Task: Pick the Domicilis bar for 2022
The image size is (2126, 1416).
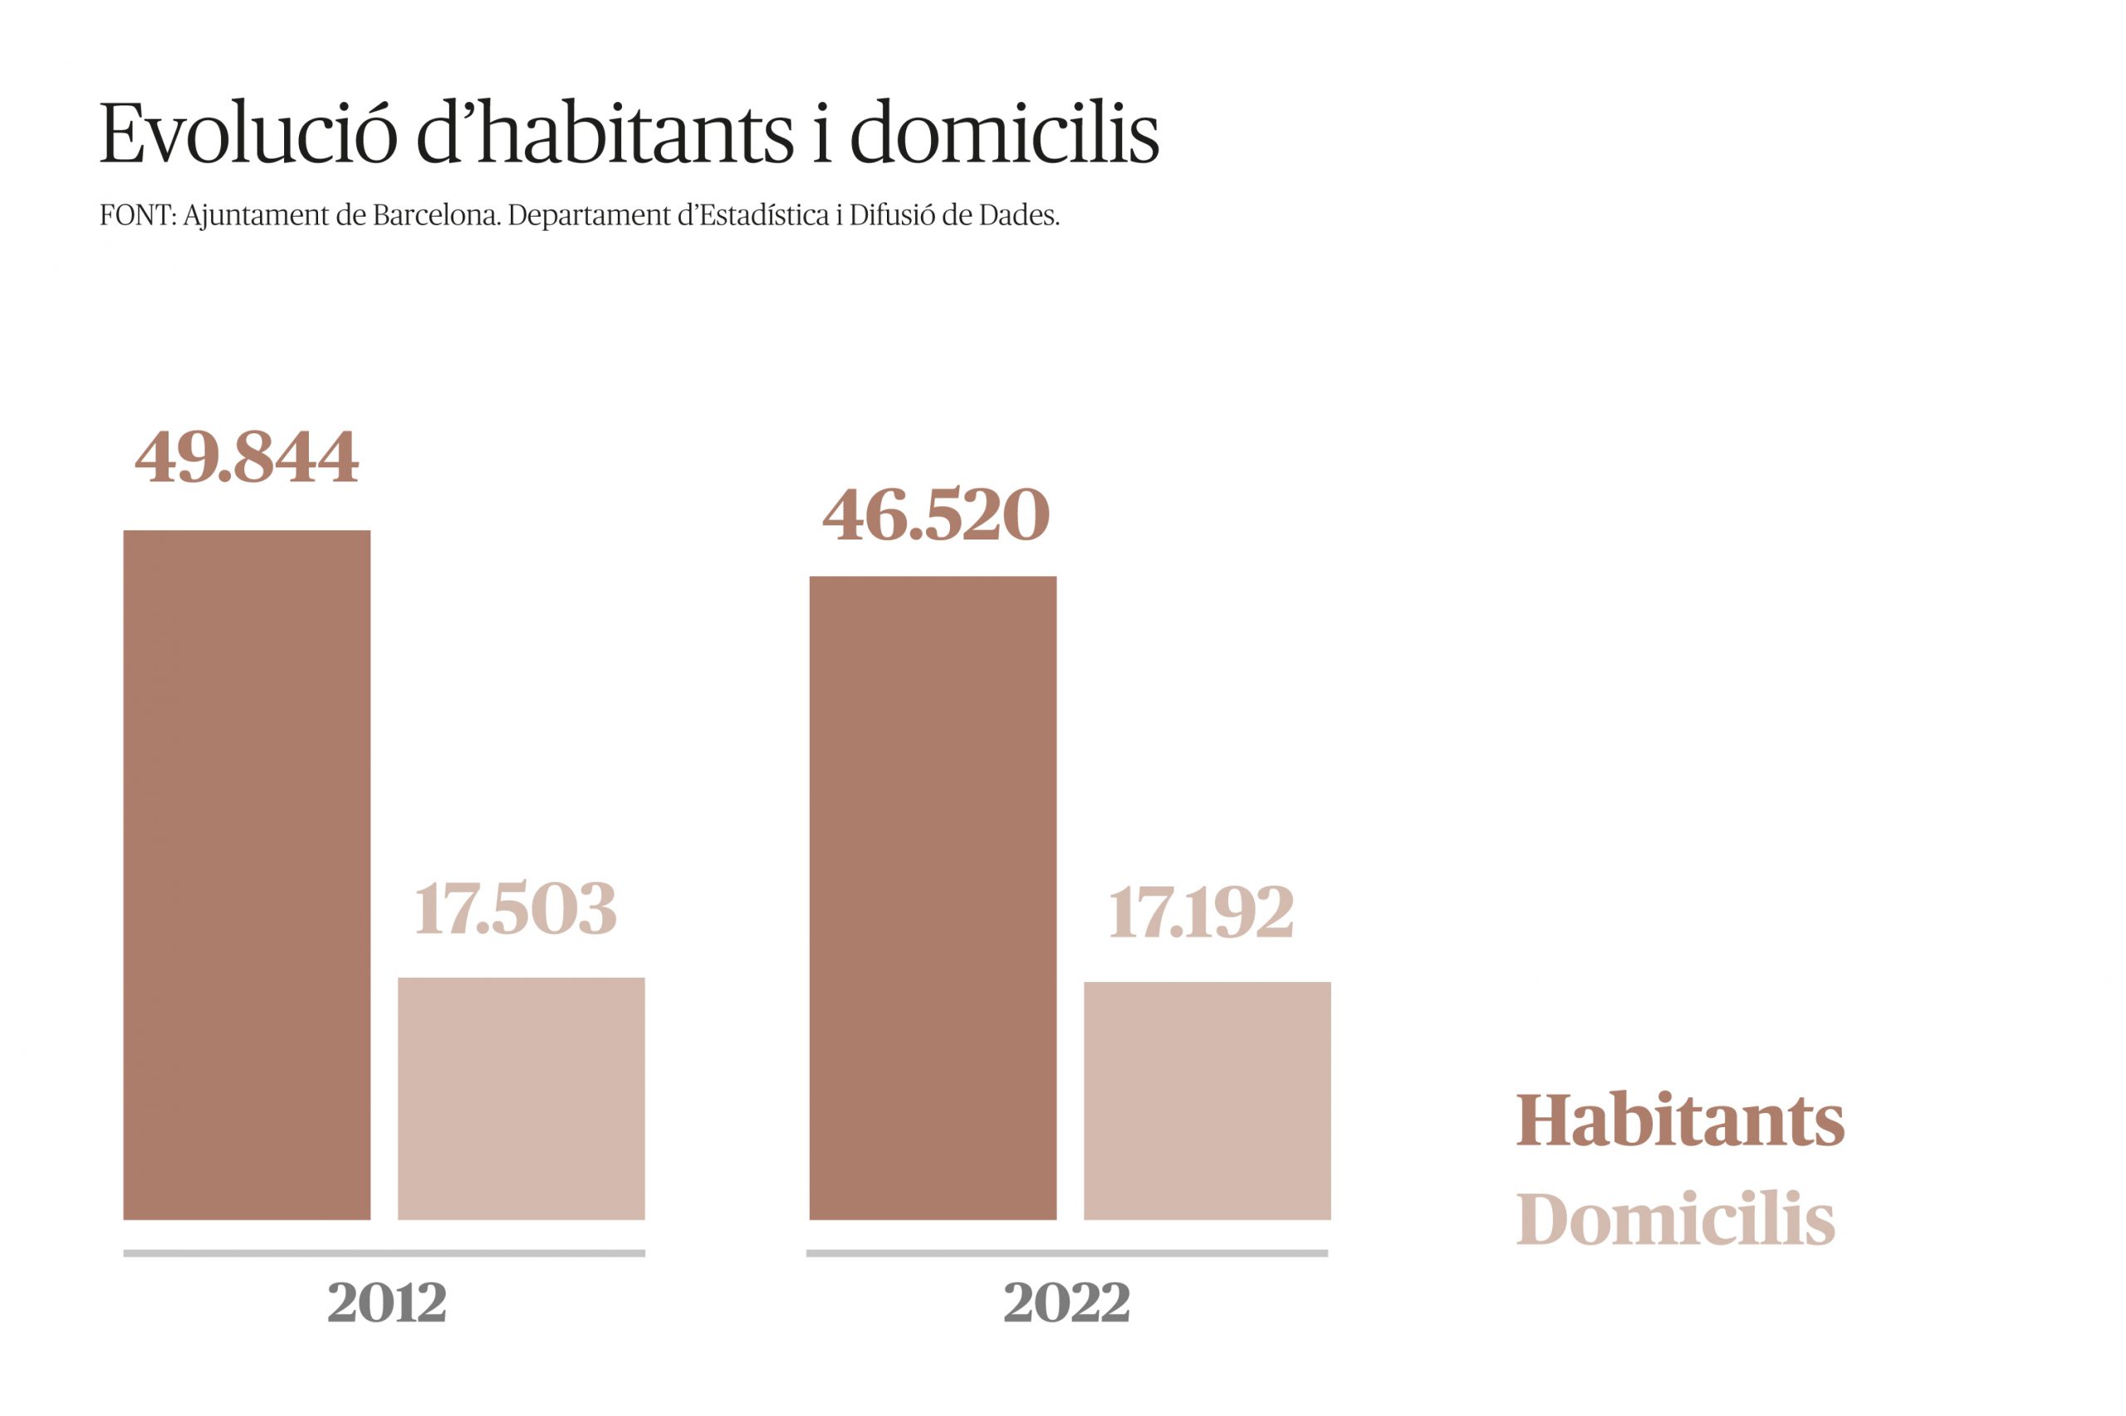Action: pos(1208,1101)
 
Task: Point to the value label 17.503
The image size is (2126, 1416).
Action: pos(515,909)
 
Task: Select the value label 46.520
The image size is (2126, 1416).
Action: pos(935,515)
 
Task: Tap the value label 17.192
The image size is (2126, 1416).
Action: pos(1201,912)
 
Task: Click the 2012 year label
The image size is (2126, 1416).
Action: pos(387,1302)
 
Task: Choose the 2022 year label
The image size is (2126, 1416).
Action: pos(1066,1302)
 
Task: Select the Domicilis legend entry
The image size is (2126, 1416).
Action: pos(1675,1219)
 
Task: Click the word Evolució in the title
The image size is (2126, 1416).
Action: pos(247,133)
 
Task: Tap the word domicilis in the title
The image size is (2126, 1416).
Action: pos(1004,133)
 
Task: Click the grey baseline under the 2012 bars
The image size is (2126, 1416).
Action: pos(384,1253)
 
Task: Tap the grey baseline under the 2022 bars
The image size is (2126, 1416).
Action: pos(1066,1253)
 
